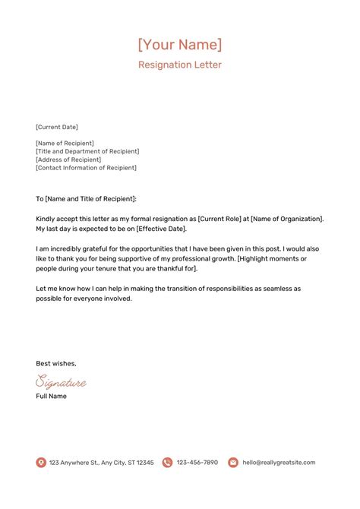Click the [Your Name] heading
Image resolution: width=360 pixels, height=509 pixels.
click(180, 44)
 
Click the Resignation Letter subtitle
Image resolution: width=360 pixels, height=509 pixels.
click(180, 65)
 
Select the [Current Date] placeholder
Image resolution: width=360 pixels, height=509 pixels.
click(57, 127)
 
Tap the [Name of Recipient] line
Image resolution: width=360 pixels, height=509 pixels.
click(65, 143)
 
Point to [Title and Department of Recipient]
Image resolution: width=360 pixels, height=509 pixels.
click(87, 151)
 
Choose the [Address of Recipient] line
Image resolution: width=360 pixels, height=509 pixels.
click(68, 160)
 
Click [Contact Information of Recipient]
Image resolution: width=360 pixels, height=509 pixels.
click(87, 168)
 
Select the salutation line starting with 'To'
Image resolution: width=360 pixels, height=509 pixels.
click(86, 198)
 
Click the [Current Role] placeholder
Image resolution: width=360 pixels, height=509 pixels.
click(223, 219)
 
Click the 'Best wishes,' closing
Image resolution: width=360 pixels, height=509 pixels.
click(56, 363)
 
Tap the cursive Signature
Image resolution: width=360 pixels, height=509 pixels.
click(61, 382)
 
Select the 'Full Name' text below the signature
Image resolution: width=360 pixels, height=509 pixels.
click(52, 397)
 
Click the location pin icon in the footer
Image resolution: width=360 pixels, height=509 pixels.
click(41, 463)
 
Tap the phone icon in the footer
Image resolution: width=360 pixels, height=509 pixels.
click(166, 463)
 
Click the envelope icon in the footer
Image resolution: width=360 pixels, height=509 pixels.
click(233, 463)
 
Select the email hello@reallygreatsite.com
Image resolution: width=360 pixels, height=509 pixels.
click(278, 463)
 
